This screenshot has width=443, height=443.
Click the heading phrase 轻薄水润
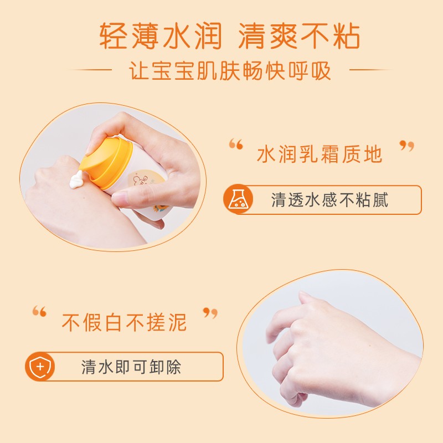[x=161, y=36]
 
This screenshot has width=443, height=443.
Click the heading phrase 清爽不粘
[x=299, y=36]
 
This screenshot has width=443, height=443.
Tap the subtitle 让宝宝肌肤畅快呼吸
[x=230, y=70]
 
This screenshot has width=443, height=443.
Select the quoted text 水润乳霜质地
[x=320, y=154]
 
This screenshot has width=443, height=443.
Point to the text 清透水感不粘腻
[x=329, y=200]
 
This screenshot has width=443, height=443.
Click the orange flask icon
[x=238, y=199]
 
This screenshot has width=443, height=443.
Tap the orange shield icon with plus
[x=40, y=367]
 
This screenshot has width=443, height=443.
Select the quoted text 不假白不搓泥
[x=124, y=322]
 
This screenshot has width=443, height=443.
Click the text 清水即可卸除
[x=131, y=367]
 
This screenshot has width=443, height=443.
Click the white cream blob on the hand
[x=76, y=181]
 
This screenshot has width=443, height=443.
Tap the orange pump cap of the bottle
[x=106, y=162]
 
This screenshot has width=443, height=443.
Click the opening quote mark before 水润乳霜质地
[x=236, y=144]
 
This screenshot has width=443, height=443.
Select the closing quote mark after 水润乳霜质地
[x=407, y=146]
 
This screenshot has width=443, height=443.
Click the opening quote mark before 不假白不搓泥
[x=39, y=311]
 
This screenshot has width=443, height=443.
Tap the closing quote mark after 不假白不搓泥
[x=210, y=313]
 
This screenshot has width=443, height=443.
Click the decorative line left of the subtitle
[x=90, y=70]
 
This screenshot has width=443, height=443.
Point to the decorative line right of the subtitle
[x=370, y=70]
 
